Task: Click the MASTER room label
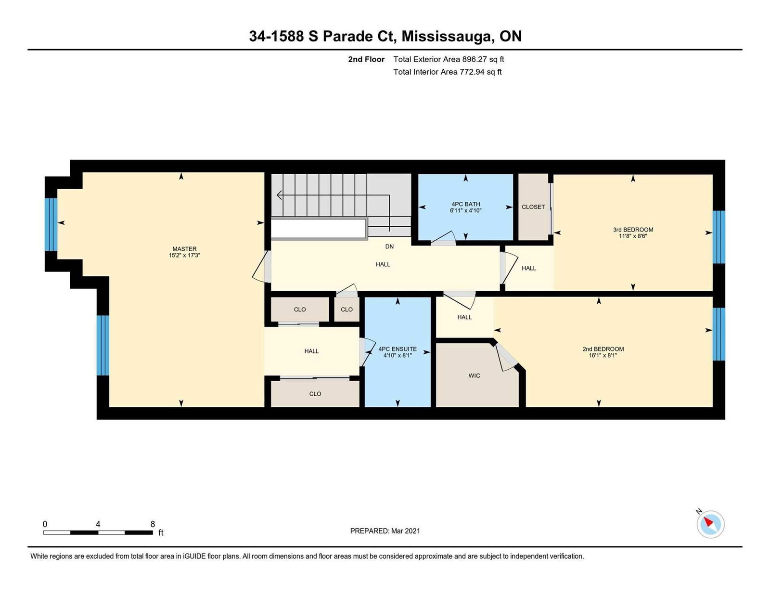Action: (x=184, y=249)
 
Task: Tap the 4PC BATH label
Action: (x=466, y=204)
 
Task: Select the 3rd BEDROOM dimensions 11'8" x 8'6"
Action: (x=633, y=236)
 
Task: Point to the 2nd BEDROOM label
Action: (x=603, y=349)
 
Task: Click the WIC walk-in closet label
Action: (x=474, y=375)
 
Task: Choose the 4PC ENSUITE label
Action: (x=398, y=349)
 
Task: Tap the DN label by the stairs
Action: (x=389, y=246)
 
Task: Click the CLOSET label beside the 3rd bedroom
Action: (x=533, y=207)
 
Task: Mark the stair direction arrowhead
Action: (x=279, y=195)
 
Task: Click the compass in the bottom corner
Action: (x=710, y=524)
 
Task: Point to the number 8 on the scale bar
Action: (x=153, y=524)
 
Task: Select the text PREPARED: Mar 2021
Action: (x=385, y=531)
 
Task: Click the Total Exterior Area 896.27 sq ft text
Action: (x=449, y=60)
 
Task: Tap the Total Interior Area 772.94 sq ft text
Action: (x=448, y=72)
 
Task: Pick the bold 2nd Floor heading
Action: (x=366, y=60)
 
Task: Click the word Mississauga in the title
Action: (x=448, y=37)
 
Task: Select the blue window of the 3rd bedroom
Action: (x=719, y=237)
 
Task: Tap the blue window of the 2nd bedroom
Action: (x=719, y=334)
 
